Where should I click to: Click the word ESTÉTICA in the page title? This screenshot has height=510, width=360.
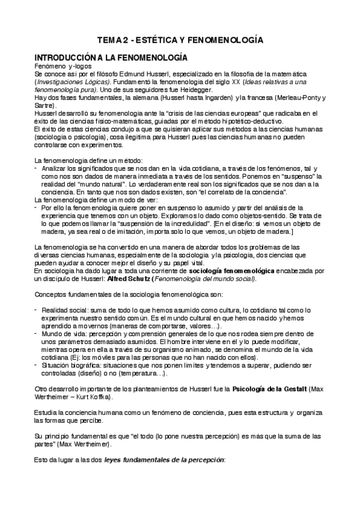click(160, 40)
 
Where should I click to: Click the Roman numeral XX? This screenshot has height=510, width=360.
click(202, 81)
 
